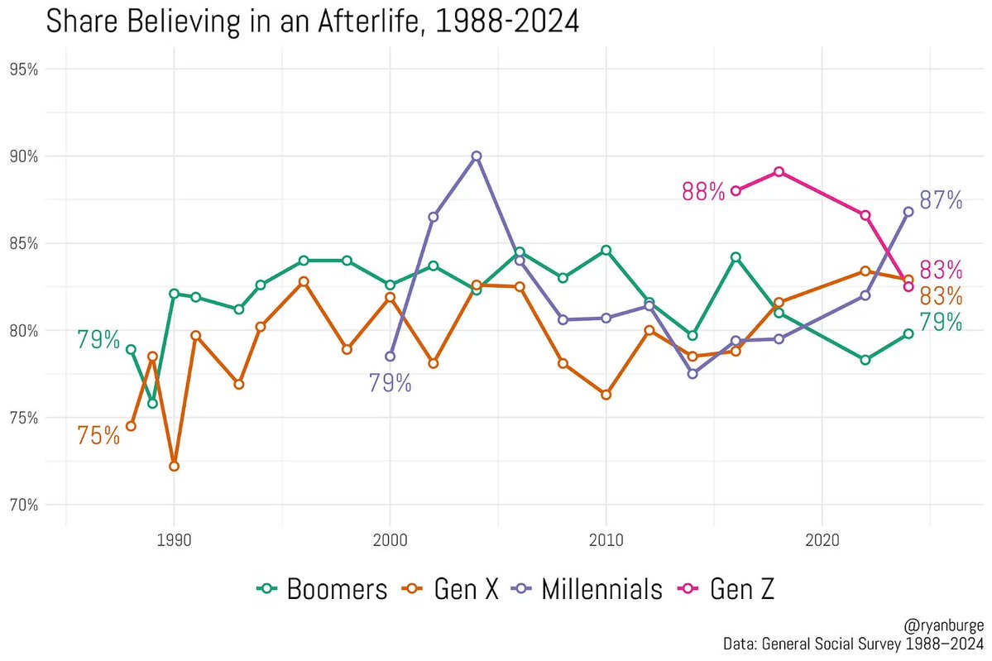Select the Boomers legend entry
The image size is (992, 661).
[x=322, y=589]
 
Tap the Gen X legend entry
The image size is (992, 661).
[x=451, y=589]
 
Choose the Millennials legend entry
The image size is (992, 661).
[x=588, y=589]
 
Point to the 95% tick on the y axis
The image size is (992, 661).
[x=23, y=69]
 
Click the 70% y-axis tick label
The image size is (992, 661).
[x=23, y=505]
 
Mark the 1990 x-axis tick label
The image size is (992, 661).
[x=174, y=540]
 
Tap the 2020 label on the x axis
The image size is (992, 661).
[x=822, y=540]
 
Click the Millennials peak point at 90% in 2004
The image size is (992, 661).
[x=476, y=156]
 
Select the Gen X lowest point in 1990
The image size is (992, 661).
[x=174, y=466]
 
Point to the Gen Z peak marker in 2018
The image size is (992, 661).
[x=779, y=172]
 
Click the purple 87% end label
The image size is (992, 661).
[x=941, y=200]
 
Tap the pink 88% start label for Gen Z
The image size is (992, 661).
[x=703, y=191]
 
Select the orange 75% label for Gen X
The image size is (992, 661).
[x=98, y=436]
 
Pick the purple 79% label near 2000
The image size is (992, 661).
[x=390, y=384]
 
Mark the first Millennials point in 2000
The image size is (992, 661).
[x=390, y=357]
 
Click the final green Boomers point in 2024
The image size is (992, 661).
[x=908, y=333]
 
